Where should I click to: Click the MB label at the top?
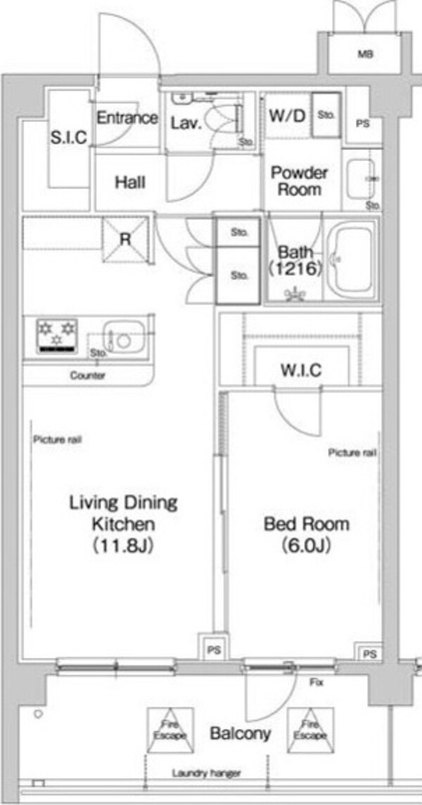(366, 54)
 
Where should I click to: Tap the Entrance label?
(127, 118)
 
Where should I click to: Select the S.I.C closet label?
(69, 137)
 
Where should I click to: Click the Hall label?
(130, 182)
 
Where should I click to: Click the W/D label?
(287, 115)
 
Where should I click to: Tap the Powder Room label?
(300, 181)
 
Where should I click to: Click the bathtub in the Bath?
(352, 262)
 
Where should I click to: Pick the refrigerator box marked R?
(125, 240)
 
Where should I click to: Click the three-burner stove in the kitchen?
(57, 336)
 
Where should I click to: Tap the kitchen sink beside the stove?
(123, 337)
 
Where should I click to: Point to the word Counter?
(88, 375)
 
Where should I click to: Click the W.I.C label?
(301, 369)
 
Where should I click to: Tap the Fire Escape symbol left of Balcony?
(170, 730)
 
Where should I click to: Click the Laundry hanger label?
(206, 773)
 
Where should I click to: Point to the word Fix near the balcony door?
(316, 683)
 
